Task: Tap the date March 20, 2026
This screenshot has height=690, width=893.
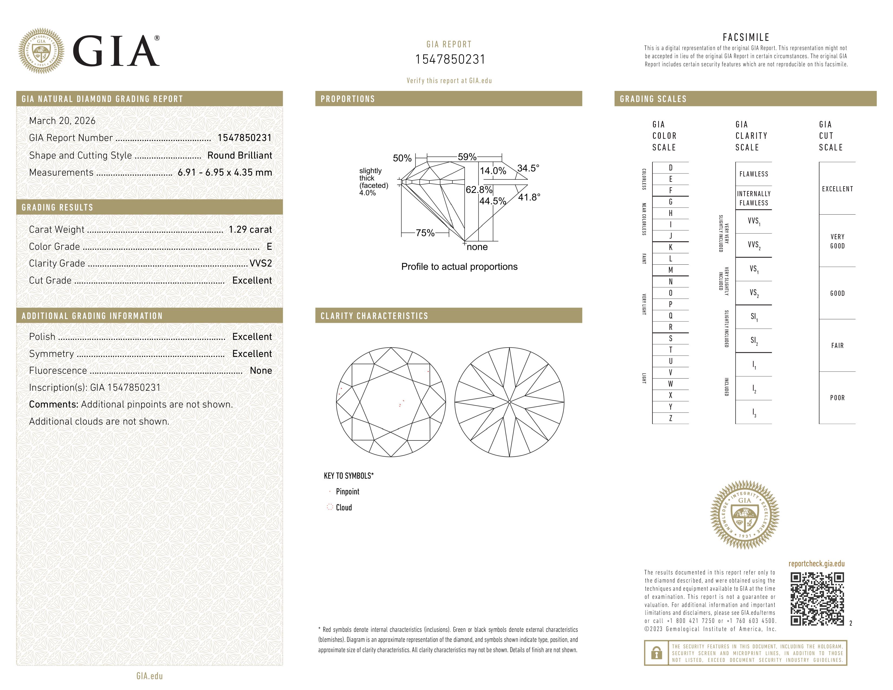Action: pyautogui.click(x=62, y=121)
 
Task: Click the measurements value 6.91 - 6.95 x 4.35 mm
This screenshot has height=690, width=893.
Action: pyautogui.click(x=225, y=173)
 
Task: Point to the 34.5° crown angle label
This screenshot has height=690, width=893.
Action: pyautogui.click(x=528, y=168)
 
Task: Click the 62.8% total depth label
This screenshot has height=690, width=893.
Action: pyautogui.click(x=479, y=190)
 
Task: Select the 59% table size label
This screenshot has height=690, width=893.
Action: pyautogui.click(x=467, y=157)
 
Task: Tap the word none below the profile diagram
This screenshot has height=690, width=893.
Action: pyautogui.click(x=477, y=247)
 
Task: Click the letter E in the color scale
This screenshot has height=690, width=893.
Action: pyautogui.click(x=671, y=179)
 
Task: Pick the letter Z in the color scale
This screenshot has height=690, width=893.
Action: pyautogui.click(x=671, y=418)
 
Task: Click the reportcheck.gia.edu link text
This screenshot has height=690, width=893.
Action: pyautogui.click(x=816, y=564)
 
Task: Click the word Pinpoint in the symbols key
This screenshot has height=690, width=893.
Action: pyautogui.click(x=347, y=492)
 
